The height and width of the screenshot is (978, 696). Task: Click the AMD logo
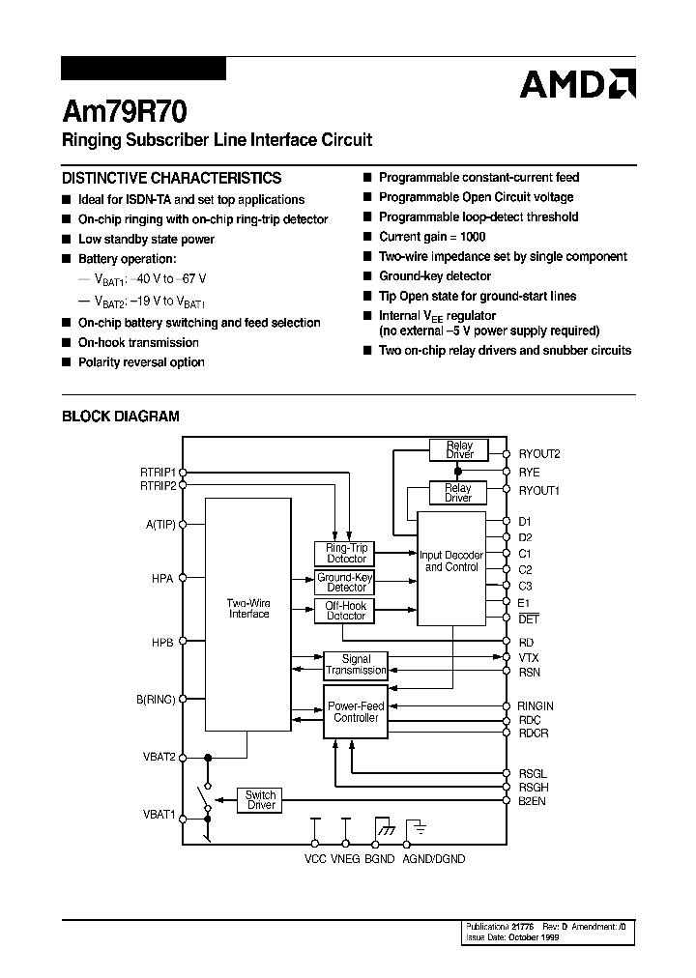pos(577,84)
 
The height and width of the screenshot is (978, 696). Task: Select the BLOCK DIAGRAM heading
pos(121,417)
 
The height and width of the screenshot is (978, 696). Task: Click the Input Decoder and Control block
pos(450,561)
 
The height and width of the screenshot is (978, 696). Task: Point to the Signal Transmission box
pos(356,664)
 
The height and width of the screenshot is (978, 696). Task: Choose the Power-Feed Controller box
pos(356,712)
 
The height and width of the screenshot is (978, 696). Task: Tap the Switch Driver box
pos(261,799)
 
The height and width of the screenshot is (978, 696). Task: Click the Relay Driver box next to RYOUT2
pos(459,449)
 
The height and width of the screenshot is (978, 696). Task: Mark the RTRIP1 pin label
pos(159,473)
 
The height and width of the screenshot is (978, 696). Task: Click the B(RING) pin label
pos(155,699)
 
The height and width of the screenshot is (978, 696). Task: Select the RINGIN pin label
pos(536,706)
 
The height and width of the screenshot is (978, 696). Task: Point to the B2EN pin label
pos(533,800)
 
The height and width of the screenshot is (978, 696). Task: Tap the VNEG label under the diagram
pos(346,859)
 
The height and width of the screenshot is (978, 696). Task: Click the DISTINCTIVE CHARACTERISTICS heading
pos(172,178)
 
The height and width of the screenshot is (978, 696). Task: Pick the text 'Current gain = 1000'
pos(432,237)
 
